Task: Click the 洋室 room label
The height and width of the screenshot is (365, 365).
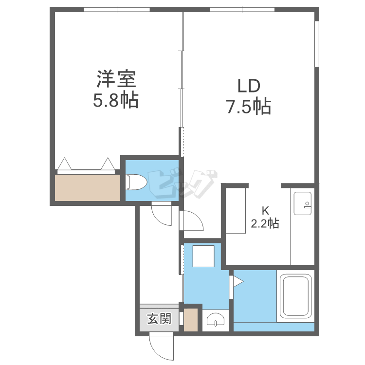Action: click(116, 79)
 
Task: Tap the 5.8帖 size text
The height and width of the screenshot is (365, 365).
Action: click(116, 100)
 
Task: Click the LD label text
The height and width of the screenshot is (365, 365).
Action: click(249, 86)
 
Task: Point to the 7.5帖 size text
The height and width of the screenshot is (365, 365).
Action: click(249, 107)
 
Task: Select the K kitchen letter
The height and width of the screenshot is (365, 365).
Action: click(265, 211)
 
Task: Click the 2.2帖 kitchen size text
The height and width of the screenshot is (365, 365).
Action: click(265, 223)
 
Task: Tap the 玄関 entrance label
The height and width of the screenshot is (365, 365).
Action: click(160, 318)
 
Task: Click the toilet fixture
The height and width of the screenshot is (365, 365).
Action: click(136, 182)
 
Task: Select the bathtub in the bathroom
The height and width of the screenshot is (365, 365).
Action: click(295, 296)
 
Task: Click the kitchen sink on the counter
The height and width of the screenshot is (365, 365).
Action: click(302, 203)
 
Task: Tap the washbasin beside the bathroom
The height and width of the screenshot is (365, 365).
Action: click(216, 319)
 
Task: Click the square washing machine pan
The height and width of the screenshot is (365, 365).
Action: click(203, 256)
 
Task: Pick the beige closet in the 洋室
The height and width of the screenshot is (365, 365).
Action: click(88, 188)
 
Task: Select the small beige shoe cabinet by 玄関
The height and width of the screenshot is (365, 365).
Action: click(191, 320)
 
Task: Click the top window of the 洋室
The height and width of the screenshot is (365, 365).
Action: click(117, 10)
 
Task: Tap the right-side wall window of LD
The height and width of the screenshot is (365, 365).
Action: click(317, 44)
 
